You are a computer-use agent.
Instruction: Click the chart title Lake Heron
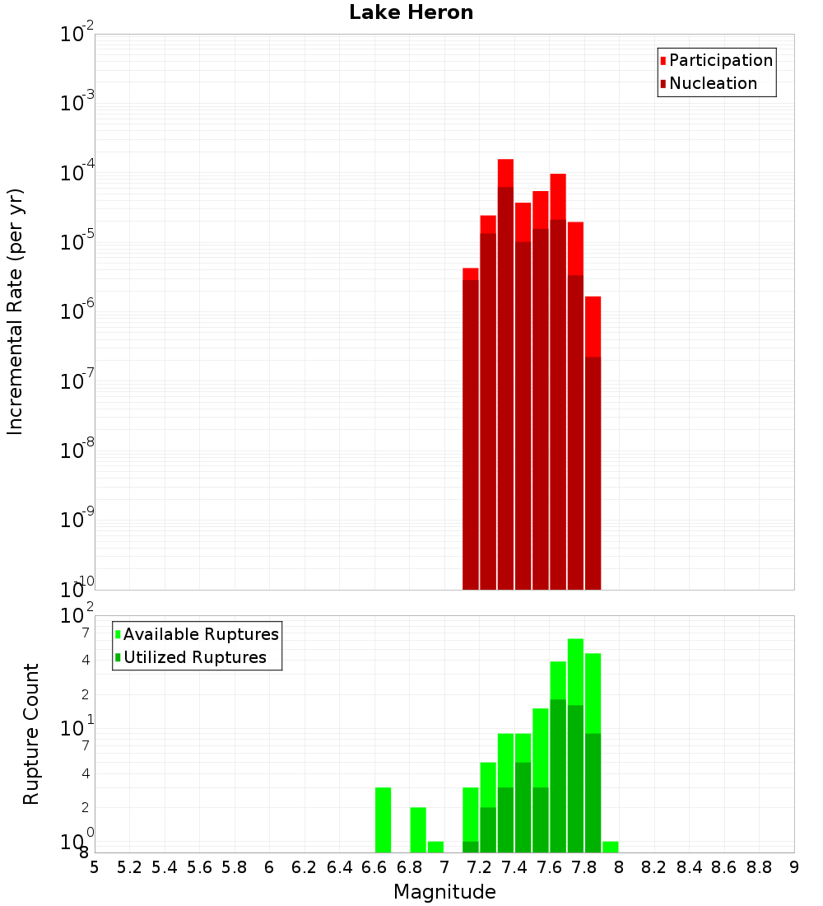411,12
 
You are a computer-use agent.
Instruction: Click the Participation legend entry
720,60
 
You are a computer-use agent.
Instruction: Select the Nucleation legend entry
713,83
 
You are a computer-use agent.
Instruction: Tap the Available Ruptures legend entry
201,634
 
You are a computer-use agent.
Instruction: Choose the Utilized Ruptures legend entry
194,657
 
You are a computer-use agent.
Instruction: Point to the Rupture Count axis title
31,733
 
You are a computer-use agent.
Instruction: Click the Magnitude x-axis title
444,892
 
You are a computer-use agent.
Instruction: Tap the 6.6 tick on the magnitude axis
374,867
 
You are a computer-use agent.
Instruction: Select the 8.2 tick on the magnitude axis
654,867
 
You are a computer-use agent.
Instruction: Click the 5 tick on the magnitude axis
95,867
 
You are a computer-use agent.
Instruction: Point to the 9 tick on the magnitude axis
794,867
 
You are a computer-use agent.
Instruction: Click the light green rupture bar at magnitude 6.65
383,820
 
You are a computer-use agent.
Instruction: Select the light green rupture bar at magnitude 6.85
418,829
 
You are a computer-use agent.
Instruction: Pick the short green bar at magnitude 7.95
610,847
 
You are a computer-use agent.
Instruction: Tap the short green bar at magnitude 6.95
435,847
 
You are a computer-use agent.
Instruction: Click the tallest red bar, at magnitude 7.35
505,371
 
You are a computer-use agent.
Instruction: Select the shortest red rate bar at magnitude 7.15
471,428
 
